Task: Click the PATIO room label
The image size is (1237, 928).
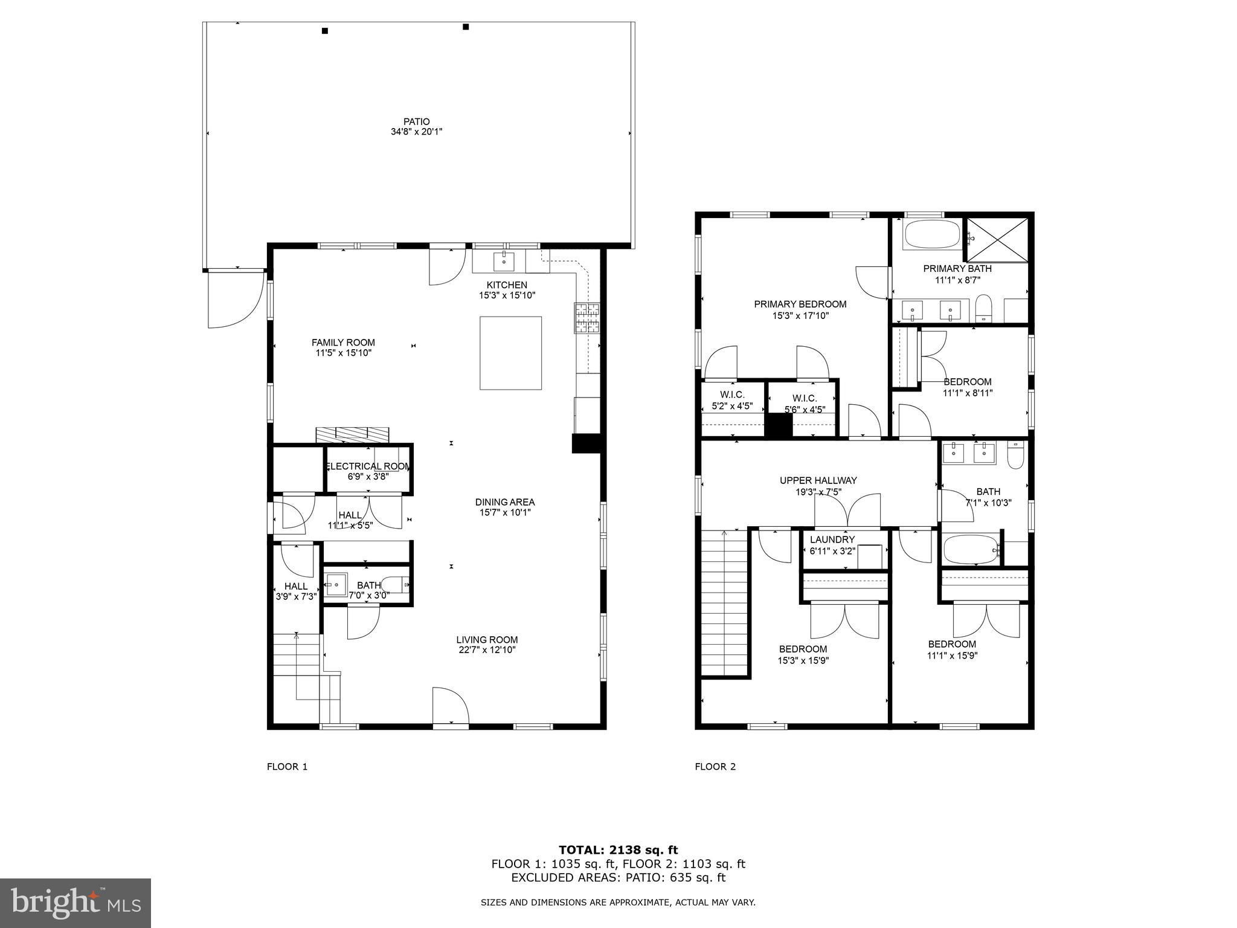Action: [417, 121]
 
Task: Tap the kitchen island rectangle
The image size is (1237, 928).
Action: [510, 353]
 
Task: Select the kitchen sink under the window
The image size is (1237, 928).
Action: [504, 262]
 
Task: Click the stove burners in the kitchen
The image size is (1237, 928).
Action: [586, 318]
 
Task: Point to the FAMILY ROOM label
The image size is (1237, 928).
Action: [343, 343]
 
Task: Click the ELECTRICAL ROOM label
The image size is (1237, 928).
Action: [368, 466]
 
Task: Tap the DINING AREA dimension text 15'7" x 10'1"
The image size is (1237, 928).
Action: [505, 512]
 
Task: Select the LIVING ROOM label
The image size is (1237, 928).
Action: [487, 640]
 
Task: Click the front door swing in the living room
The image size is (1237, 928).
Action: [449, 706]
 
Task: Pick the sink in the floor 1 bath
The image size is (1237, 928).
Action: [335, 584]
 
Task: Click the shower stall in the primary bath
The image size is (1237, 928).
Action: [997, 240]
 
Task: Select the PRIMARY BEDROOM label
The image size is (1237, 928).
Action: [800, 304]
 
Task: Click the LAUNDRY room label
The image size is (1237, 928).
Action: [832, 540]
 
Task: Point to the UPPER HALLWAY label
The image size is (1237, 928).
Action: [818, 480]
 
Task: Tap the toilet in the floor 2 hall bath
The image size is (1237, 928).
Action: [1015, 454]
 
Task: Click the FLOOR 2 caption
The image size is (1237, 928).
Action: [715, 767]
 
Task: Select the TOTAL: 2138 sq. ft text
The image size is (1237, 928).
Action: [618, 850]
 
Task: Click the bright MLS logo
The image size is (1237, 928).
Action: [76, 903]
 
